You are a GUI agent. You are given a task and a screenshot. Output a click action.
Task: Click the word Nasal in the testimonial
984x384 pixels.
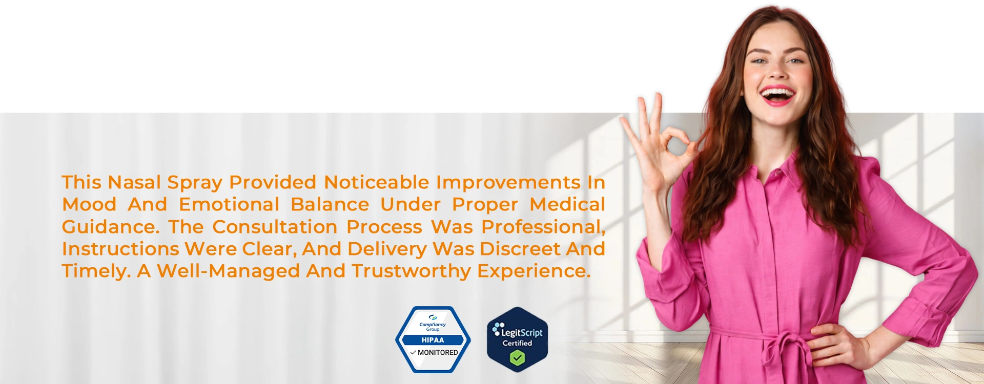point(134,182)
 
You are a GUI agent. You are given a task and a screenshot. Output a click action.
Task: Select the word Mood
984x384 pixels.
point(89,204)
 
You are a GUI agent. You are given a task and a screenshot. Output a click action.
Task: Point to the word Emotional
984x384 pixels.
point(229,204)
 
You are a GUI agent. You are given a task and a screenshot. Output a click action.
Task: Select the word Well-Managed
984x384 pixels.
point(228,271)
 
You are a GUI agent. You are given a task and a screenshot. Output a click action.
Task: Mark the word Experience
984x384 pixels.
point(534,271)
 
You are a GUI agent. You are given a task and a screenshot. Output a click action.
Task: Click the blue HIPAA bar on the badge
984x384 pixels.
point(433,340)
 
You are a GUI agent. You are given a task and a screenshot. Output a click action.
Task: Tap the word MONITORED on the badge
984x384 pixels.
point(438,353)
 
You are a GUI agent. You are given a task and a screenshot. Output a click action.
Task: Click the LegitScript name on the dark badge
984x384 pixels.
point(522,333)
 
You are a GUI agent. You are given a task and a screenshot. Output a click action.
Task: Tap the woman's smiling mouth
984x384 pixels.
point(777,96)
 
